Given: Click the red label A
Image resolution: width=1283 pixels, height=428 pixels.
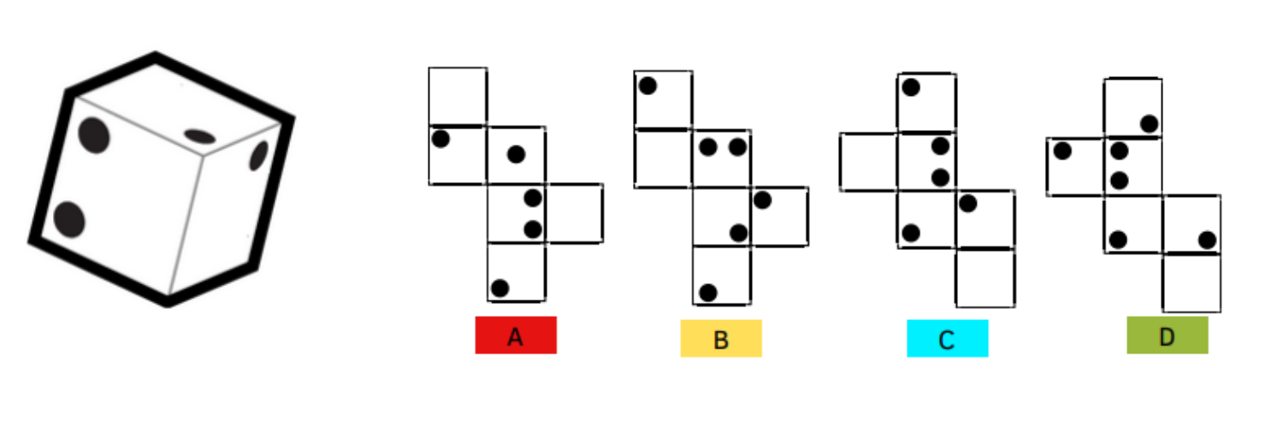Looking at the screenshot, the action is pos(516,336).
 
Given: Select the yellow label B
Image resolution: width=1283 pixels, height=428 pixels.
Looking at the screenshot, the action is pos(721,339).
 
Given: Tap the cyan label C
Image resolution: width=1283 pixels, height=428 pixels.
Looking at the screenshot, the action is pos(948,339).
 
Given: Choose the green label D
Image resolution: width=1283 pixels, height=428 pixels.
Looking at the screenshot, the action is pos(1168,336).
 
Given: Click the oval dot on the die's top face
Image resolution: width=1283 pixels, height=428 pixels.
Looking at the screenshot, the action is pos(200,136).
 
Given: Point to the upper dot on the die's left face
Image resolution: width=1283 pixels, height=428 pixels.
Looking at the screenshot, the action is pos(94,135).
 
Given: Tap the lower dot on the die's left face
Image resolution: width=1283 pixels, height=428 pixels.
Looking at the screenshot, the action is pos(69,219).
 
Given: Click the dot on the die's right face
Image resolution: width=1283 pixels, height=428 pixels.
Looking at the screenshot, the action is pos(258,155).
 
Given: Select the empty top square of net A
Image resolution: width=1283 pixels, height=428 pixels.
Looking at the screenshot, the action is pos(458,96).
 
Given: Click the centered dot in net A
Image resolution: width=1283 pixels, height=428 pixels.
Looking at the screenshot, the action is pos(516,154).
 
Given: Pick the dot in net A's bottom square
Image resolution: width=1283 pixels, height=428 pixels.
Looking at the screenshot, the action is pos(500,288).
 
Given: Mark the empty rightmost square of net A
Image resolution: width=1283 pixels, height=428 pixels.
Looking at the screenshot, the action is pos(574,213).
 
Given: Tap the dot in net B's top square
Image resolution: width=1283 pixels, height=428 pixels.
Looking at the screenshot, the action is pos(647,86).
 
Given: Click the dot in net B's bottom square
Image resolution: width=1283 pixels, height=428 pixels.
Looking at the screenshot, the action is pos(708,293).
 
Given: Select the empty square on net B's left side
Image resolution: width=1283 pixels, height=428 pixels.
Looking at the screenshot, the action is pos(663,158).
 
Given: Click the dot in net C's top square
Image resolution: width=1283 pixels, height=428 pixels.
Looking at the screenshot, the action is pos(911,87).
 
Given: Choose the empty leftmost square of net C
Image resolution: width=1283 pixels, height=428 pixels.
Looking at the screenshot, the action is pos(868,162).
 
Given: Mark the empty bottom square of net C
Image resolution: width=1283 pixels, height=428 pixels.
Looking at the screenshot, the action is pos(985,278).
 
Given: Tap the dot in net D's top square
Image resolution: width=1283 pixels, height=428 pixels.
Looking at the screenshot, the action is pos(1149,124).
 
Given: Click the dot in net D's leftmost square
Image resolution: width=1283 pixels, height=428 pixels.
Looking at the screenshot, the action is pos(1062,152).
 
